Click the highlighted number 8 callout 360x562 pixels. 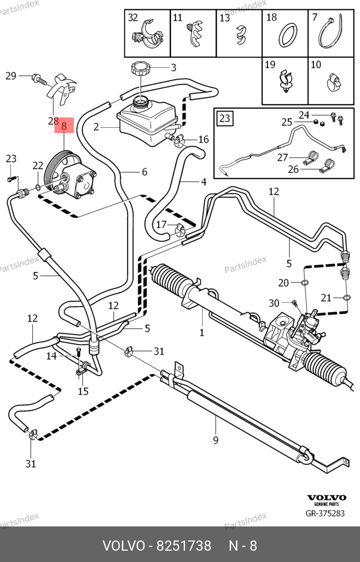pos(64,127)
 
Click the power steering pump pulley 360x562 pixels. pos(54,171)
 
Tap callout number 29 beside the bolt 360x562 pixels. pos(11,76)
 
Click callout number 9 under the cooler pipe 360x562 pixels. pos(216,440)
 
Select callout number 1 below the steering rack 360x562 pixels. pos(202,332)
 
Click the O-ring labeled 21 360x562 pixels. pos(347,297)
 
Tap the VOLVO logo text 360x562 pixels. pos(326,498)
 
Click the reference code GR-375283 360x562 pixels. pos(325,514)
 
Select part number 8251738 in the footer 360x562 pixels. pos(183,546)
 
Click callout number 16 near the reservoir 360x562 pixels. pos(203,140)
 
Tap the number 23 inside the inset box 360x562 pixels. pos(225,117)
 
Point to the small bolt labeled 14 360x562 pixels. pos(79,352)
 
